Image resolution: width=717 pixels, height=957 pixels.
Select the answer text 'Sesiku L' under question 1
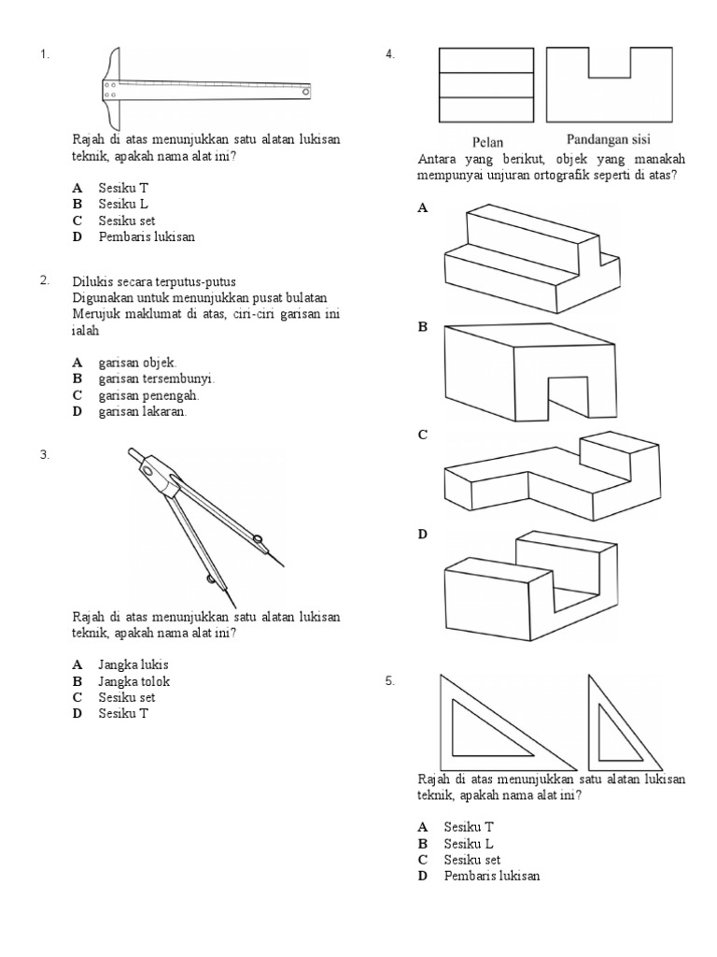(x=123, y=204)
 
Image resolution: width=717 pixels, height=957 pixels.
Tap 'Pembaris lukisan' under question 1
(x=147, y=237)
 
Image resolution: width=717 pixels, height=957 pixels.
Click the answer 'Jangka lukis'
(x=133, y=664)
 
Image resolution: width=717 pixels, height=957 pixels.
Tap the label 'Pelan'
(x=487, y=142)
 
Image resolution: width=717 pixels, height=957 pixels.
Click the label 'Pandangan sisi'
(x=608, y=140)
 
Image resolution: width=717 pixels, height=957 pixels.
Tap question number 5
(x=390, y=682)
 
